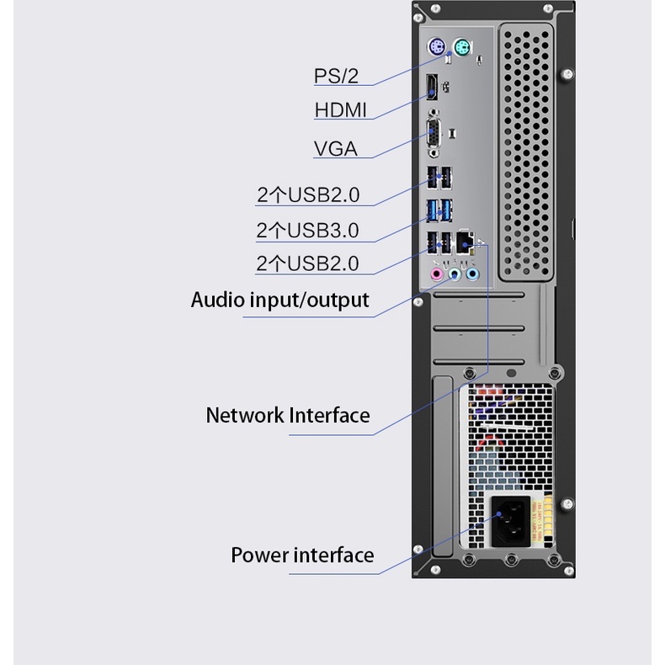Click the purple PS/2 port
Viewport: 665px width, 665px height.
click(437, 47)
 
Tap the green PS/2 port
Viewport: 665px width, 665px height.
click(460, 47)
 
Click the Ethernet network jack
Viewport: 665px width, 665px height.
click(465, 242)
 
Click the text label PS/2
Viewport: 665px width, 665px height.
click(336, 76)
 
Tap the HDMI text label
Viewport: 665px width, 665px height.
click(341, 110)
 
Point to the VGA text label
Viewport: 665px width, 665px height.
click(336, 149)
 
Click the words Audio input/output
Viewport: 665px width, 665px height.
click(279, 300)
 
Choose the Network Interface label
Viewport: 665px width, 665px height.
click(288, 415)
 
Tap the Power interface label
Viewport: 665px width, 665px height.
click(302, 556)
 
